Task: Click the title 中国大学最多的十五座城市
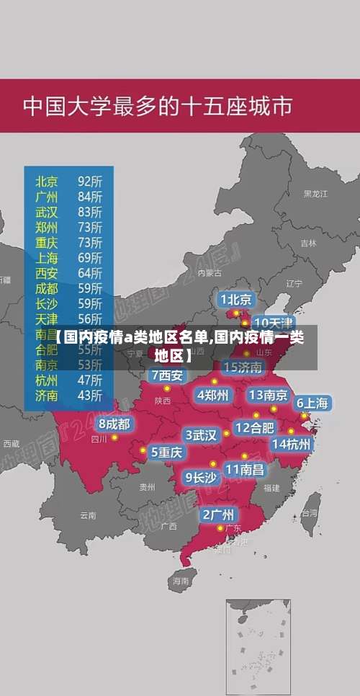(x=158, y=107)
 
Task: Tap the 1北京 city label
(x=235, y=299)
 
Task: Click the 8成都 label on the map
(x=114, y=424)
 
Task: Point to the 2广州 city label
(x=217, y=514)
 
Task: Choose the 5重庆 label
(x=167, y=452)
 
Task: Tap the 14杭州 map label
(x=292, y=444)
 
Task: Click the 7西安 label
(x=167, y=375)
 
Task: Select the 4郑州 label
(x=212, y=394)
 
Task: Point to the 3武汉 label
(x=202, y=435)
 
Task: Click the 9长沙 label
(x=201, y=477)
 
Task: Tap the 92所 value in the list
(x=90, y=181)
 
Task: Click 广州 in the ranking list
(x=47, y=196)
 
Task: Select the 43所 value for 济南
(x=90, y=395)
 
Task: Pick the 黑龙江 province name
(x=315, y=194)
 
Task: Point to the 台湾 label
(x=309, y=514)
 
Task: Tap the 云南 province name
(x=88, y=515)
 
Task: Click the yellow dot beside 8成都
(x=114, y=437)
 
